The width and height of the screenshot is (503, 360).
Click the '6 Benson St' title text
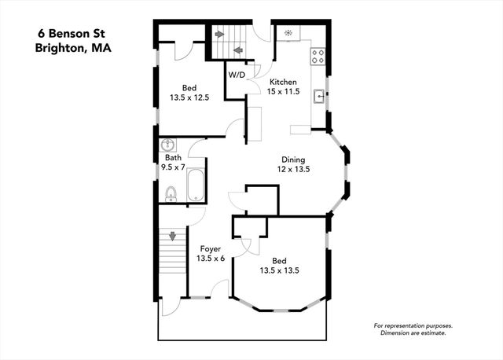pyautogui.click(x=75, y=34)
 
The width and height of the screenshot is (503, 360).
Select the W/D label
pyautogui.click(x=237, y=75)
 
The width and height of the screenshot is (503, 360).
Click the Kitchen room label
pyautogui.click(x=283, y=82)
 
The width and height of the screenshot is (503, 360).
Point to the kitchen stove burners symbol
pyautogui.click(x=319, y=56)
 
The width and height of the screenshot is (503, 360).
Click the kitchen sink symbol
pyautogui.click(x=319, y=97)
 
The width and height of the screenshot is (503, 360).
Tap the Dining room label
pyautogui.click(x=293, y=160)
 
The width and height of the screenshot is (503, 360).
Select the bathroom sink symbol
pyautogui.click(x=167, y=146)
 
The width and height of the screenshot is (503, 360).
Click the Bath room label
pyautogui.click(x=172, y=157)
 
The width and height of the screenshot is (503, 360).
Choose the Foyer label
pyautogui.click(x=210, y=249)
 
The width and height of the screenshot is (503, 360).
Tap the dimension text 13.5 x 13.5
pyautogui.click(x=279, y=270)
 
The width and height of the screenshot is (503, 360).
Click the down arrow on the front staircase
pyautogui.click(x=172, y=235)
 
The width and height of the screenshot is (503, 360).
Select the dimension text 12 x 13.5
pyautogui.click(x=294, y=169)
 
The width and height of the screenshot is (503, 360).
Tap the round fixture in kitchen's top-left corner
pyautogui.click(x=288, y=34)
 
